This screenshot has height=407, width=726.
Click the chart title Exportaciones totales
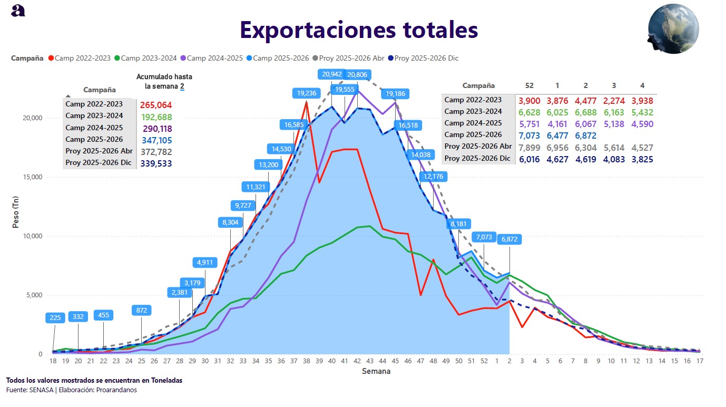pyautogui.click(x=359, y=30)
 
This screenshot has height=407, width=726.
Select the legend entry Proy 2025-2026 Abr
pyautogui.click(x=351, y=58)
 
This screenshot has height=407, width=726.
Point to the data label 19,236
pyautogui.click(x=307, y=93)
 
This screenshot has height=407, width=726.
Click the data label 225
pyautogui.click(x=55, y=317)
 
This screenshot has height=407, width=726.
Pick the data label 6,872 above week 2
pyautogui.click(x=509, y=239)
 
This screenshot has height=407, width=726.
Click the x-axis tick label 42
pyautogui.click(x=357, y=361)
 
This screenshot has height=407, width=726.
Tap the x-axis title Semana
pyautogui.click(x=376, y=371)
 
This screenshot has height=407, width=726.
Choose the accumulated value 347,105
pyautogui.click(x=156, y=140)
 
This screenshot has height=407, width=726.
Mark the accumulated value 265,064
pyautogui.click(x=156, y=105)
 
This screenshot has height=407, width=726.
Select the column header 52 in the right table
pyautogui.click(x=529, y=85)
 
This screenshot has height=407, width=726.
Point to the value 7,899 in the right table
pyautogui.click(x=529, y=147)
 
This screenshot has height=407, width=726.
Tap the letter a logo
pyautogui.click(x=18, y=11)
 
